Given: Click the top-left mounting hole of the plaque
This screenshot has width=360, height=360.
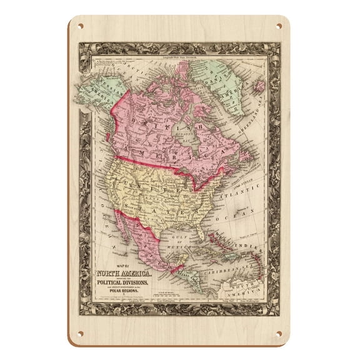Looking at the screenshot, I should (80, 27).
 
